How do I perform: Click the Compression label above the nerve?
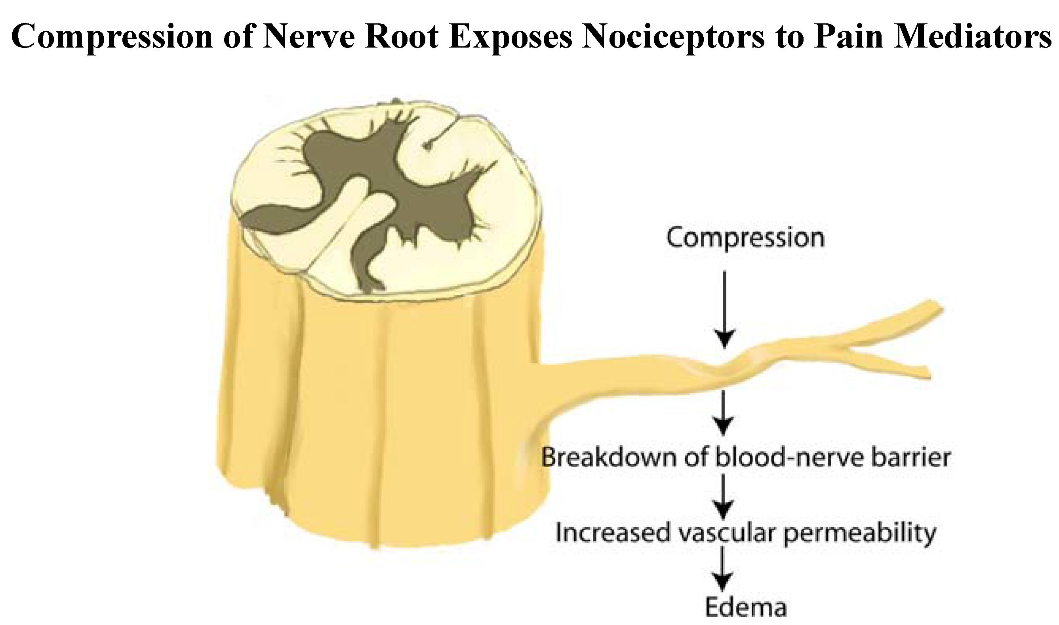click(x=745, y=238)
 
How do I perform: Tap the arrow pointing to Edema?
click(x=723, y=568)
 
